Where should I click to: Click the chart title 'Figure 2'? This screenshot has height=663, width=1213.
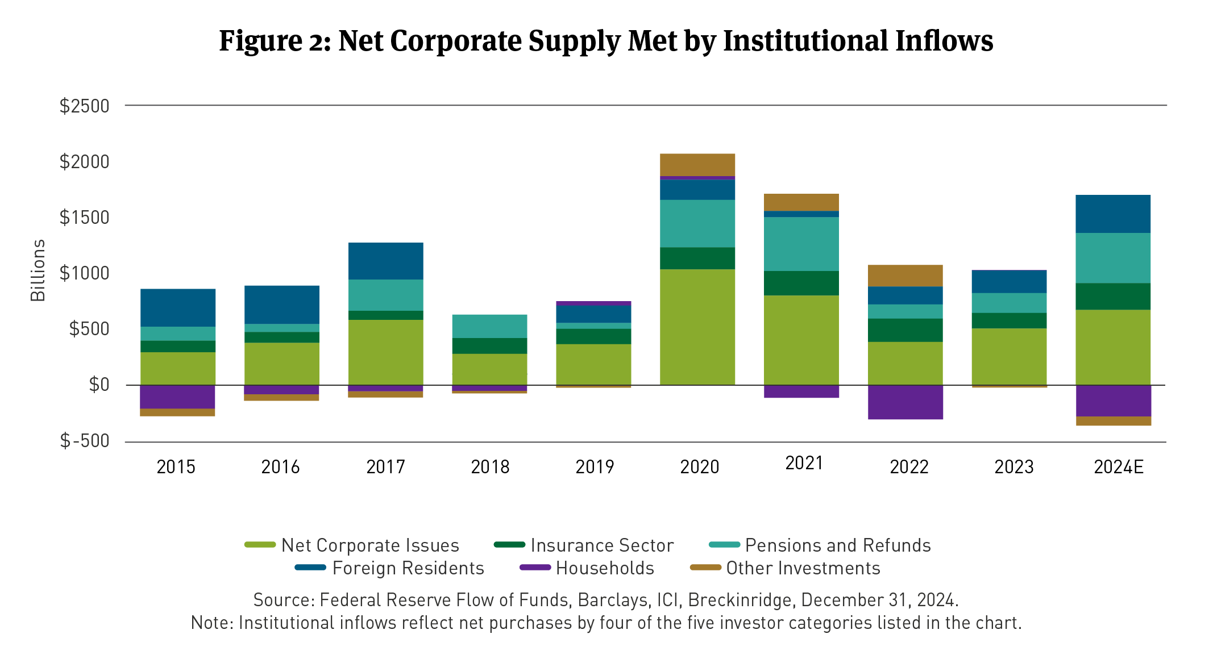point(606,41)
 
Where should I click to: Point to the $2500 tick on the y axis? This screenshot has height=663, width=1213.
point(84,106)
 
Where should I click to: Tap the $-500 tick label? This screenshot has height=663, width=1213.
point(84,441)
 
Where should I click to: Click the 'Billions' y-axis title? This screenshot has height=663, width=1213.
point(38,270)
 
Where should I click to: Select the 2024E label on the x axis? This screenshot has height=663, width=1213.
point(1118,467)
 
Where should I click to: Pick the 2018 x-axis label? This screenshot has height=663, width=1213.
point(490,467)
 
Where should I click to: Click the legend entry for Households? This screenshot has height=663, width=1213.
point(605,568)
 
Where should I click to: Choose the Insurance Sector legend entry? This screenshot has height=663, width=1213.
point(602,545)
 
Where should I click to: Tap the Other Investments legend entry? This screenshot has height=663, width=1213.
point(803,568)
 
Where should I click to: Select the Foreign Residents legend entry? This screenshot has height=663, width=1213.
point(408,568)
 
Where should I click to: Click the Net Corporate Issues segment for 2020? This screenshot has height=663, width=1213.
point(697,327)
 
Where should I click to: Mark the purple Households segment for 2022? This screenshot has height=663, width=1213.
point(905,402)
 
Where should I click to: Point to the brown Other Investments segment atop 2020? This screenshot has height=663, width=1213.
point(697,165)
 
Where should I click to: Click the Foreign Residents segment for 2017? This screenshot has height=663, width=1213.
point(385,261)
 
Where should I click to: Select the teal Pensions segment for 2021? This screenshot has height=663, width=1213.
point(801,244)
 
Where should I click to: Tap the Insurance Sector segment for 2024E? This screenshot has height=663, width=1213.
point(1112,296)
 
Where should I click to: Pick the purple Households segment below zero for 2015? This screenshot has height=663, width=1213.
point(177,397)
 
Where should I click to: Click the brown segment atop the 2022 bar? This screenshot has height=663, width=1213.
point(905,276)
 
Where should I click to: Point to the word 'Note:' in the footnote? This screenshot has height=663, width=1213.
point(212,623)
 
